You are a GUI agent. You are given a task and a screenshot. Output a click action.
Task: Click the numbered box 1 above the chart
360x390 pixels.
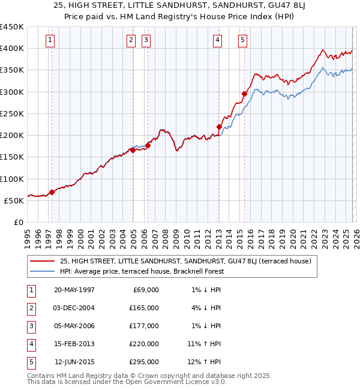49,40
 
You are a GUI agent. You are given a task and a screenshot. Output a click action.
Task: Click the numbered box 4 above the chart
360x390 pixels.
217,40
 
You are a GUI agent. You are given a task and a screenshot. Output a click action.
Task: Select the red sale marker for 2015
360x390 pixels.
244,94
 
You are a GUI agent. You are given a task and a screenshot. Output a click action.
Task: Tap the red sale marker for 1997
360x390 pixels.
52,192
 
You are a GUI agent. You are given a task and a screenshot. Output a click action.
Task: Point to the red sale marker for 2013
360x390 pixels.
219,127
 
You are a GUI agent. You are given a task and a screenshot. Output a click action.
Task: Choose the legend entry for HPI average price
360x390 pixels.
142,271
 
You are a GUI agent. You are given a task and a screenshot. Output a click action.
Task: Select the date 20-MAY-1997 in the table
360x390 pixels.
74,290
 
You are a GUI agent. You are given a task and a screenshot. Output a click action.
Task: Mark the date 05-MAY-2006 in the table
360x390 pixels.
74,326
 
